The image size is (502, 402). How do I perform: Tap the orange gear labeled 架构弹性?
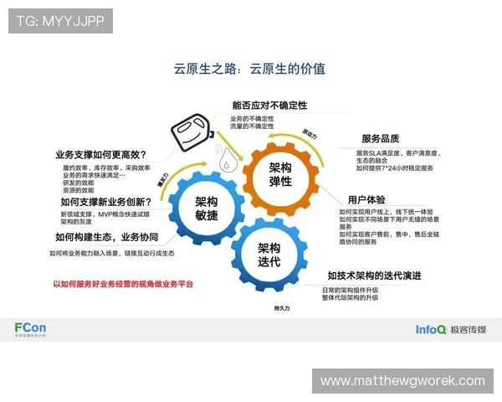pos(280,174)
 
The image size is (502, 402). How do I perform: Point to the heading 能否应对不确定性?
pos(269,106)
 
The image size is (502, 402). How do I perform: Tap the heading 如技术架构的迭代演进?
pos(374,276)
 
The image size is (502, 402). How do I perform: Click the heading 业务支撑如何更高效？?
pos(101,154)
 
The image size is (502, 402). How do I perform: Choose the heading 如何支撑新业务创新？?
pos(105,201)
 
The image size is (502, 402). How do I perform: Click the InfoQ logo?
pos(431,329)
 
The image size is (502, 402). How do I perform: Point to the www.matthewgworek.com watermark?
pos(402,381)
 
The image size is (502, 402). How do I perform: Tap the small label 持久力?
pos(281,308)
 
